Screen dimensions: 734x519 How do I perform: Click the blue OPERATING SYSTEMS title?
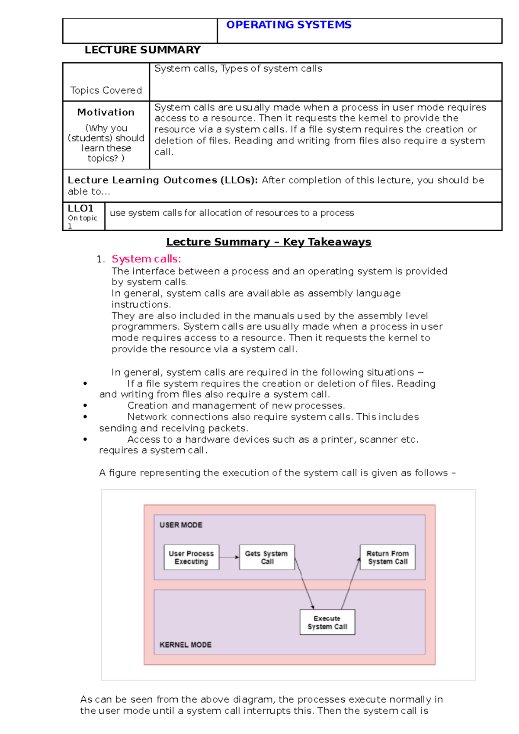[x=288, y=25]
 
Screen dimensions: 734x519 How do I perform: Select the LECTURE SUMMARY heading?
[x=143, y=50]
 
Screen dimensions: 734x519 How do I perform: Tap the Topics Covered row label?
[x=106, y=90]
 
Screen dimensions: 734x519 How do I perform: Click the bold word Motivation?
[x=106, y=112]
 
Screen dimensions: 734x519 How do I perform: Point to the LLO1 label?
[x=80, y=208]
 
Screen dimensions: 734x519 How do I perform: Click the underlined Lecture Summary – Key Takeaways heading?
[x=269, y=242]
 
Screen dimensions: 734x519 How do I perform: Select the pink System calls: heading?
[x=146, y=259]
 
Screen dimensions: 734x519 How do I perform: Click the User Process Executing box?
[x=191, y=557]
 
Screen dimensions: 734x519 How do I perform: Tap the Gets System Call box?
[x=267, y=557]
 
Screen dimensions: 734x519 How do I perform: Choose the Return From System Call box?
[x=388, y=557]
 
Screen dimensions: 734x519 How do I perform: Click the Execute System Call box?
[x=327, y=622]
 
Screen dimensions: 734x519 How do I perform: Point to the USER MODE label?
[x=181, y=525]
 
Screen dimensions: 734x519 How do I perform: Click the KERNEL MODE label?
[x=186, y=645]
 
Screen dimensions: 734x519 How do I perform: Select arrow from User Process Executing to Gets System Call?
[x=229, y=557]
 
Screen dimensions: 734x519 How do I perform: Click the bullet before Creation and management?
[x=85, y=406]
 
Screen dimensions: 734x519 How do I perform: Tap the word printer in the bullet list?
[x=336, y=440]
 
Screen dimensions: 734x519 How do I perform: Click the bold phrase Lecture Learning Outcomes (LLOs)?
[x=163, y=180]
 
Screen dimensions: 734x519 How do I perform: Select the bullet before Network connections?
[x=85, y=417]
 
